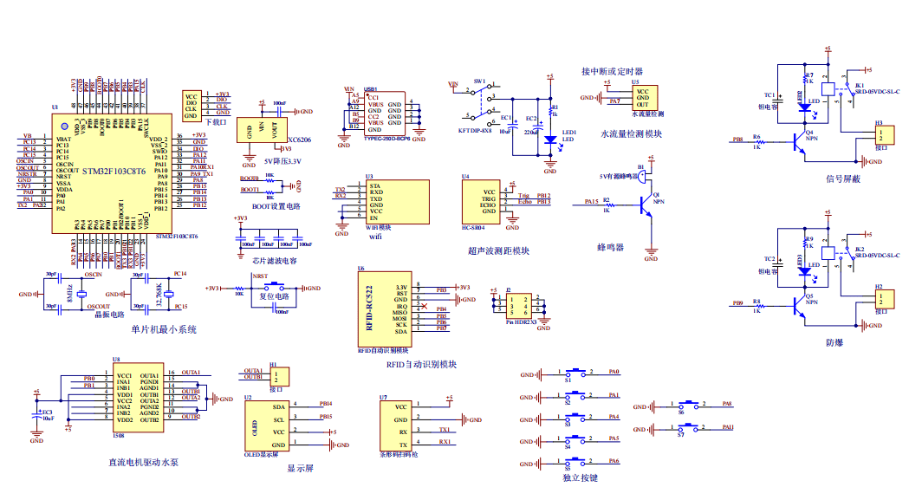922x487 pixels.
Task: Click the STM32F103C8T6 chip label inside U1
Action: click(x=111, y=172)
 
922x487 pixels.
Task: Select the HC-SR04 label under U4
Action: click(x=472, y=228)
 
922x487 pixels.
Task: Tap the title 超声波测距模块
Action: click(x=498, y=251)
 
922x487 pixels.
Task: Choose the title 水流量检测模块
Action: click(x=631, y=134)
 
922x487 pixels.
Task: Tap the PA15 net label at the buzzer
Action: click(x=591, y=201)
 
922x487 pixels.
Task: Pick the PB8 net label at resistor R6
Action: click(x=737, y=139)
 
